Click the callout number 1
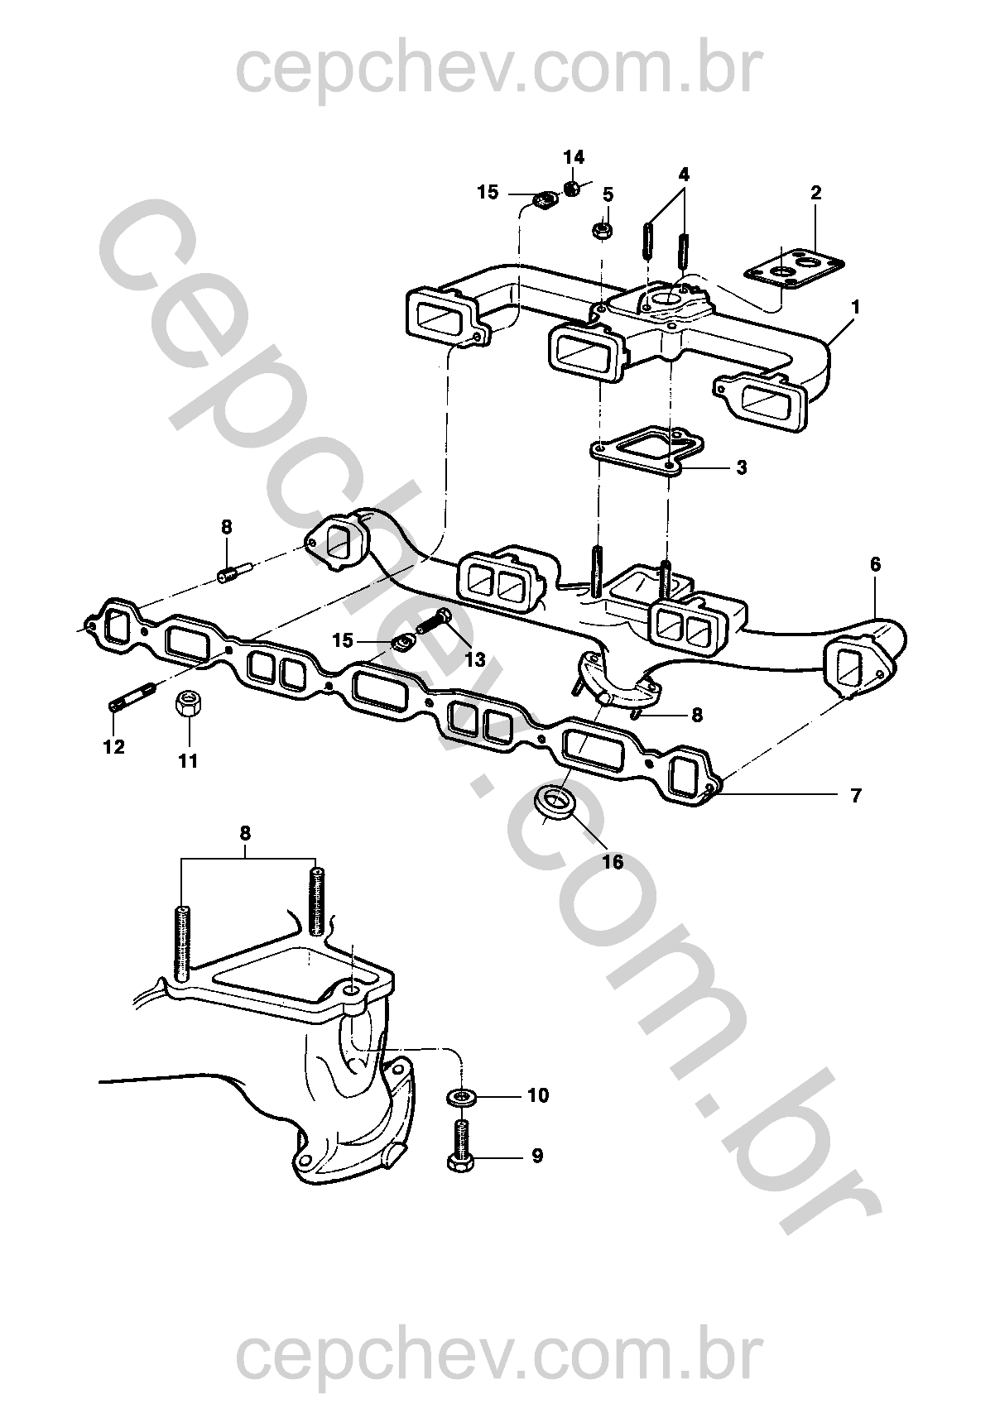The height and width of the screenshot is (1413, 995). click(x=855, y=308)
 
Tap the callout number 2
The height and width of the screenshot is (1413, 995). click(x=815, y=193)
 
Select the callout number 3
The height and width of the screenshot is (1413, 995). click(x=742, y=467)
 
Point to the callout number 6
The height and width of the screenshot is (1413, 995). click(x=874, y=564)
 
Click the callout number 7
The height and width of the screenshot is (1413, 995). click(x=855, y=796)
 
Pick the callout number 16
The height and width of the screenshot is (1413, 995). click(x=613, y=862)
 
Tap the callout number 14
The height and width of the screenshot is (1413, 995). click(x=574, y=156)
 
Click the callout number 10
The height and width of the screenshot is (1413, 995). click(x=538, y=1095)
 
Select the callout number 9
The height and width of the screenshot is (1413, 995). click(x=537, y=1157)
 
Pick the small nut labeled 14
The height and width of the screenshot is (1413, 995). click(x=572, y=189)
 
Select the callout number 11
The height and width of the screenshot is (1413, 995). click(x=188, y=761)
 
